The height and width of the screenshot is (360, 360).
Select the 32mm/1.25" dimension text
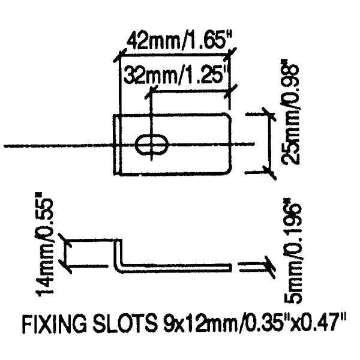[175, 76]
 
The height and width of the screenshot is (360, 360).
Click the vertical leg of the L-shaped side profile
[118, 255]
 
